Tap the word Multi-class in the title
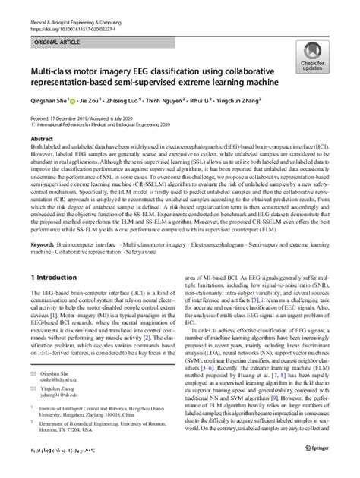click(x=57, y=80)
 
